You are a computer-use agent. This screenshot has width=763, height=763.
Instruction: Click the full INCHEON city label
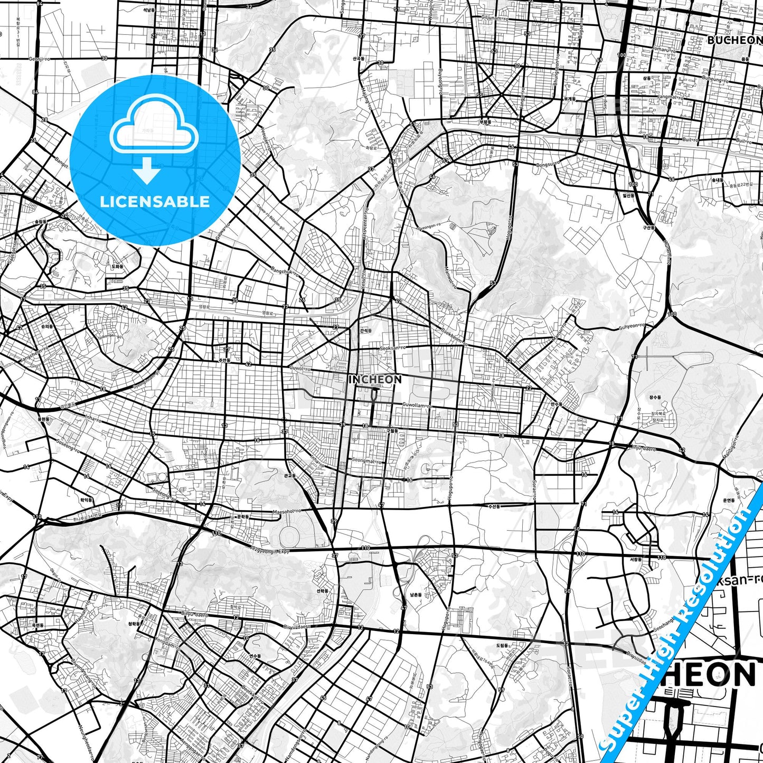pyautogui.click(x=375, y=379)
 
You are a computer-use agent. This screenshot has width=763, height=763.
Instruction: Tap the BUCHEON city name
pyautogui.click(x=734, y=40)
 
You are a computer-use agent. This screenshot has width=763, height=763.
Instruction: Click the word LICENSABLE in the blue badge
pyautogui.click(x=155, y=201)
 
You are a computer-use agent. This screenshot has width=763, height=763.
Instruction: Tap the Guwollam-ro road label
pyautogui.click(x=417, y=406)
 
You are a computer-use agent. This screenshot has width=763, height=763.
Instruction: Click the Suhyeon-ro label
pyautogui.click(x=633, y=326)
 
